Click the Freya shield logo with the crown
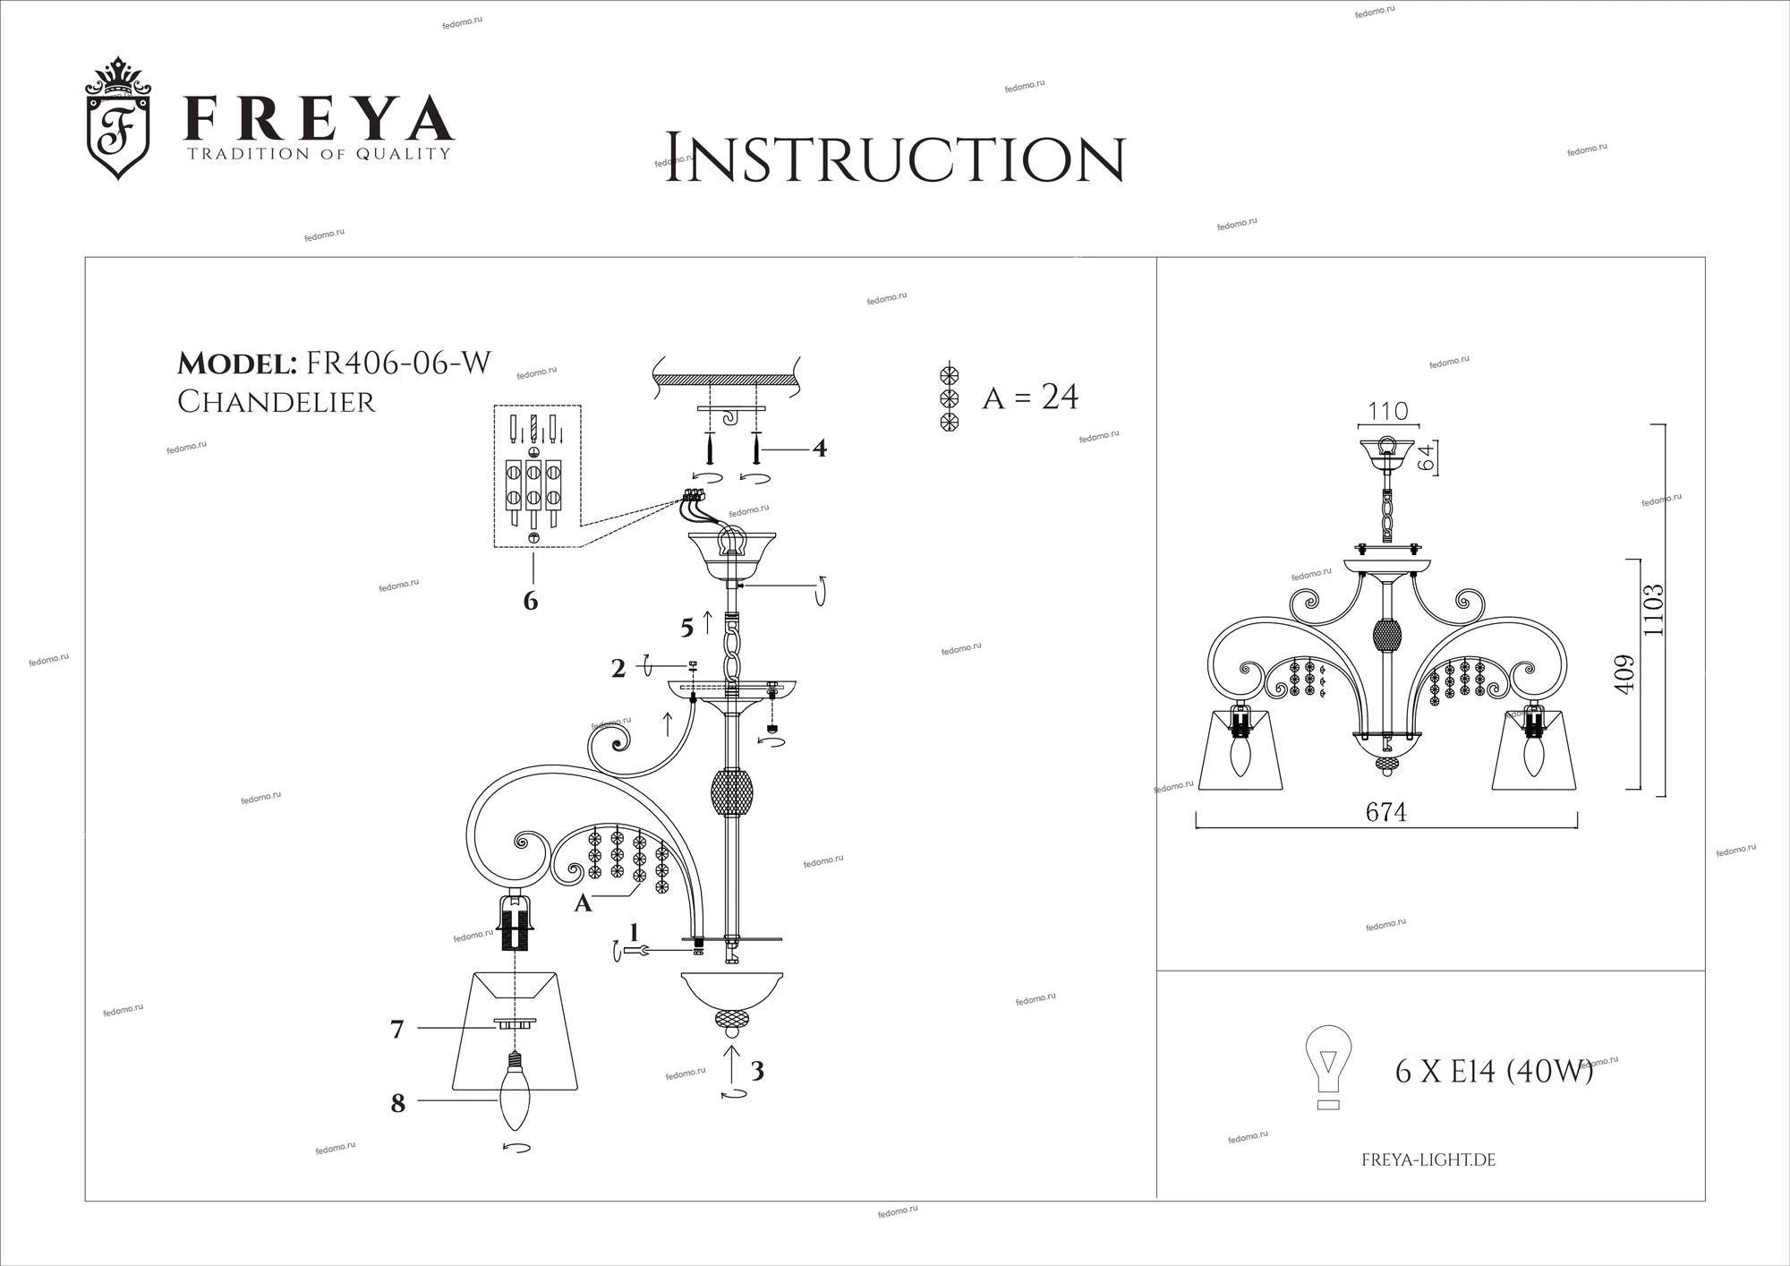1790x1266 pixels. pos(118,118)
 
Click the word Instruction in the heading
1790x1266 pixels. pos(894,159)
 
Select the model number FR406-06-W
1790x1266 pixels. pos(398,364)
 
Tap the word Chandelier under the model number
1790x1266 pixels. pos(276,402)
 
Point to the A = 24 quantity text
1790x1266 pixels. pos(1030,397)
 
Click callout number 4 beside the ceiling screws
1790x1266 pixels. pos(819,448)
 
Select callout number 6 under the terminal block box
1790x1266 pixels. pos(531,601)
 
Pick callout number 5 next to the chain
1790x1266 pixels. pos(686,628)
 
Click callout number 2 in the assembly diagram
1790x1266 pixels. pos(618,668)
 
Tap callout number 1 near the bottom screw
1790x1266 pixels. pos(635,933)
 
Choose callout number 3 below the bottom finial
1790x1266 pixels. pos(757,1071)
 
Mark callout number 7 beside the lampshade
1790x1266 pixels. pos(397,1030)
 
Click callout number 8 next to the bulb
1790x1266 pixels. pos(398,1103)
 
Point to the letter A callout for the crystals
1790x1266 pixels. pos(583,904)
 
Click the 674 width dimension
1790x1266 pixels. pos(1386,812)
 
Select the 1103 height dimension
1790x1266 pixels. pos(1653,610)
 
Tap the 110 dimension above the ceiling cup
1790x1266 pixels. pos(1388,412)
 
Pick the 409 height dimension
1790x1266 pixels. pos(1624,673)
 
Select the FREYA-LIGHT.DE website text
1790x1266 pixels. pos(1428,1160)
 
